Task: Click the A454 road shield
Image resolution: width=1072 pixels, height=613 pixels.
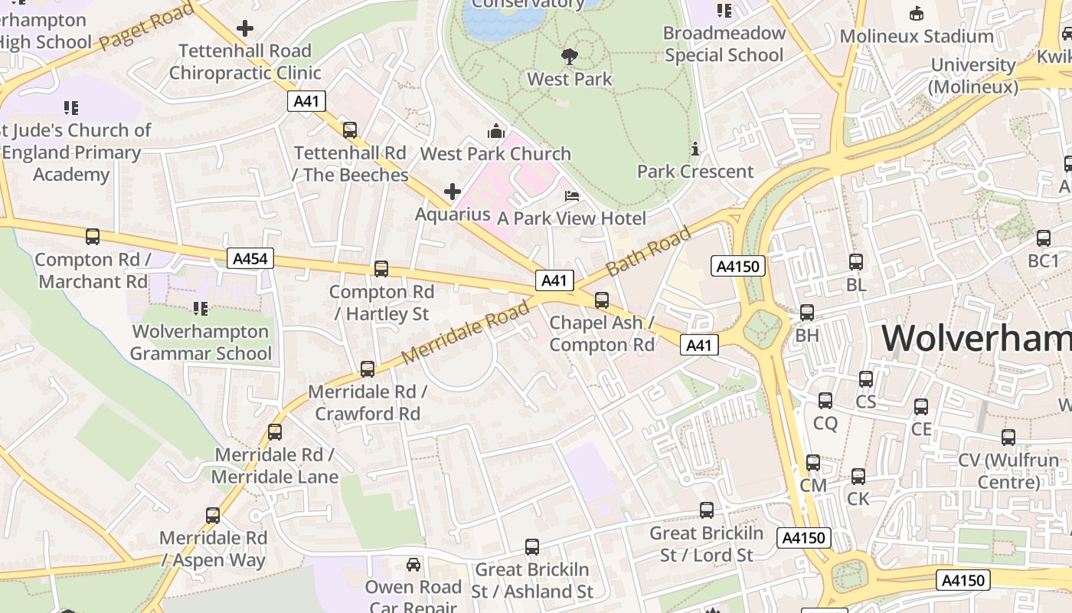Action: (x=250, y=258)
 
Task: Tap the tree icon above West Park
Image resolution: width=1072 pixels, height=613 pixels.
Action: (x=569, y=56)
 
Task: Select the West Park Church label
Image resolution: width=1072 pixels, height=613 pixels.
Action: (x=495, y=153)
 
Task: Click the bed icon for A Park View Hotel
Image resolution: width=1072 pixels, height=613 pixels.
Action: (x=572, y=196)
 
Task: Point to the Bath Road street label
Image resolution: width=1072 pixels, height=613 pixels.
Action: (x=649, y=252)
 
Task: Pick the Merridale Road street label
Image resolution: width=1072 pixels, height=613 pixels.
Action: (x=465, y=333)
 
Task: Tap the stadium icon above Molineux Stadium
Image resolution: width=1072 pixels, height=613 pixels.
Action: (x=916, y=13)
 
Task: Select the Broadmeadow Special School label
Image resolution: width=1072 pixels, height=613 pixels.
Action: (x=724, y=44)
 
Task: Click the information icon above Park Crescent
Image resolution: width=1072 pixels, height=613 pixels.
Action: (x=695, y=149)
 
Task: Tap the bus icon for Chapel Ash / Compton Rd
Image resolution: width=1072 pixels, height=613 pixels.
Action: (x=602, y=300)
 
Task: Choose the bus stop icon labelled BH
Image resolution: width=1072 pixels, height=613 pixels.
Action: (x=807, y=313)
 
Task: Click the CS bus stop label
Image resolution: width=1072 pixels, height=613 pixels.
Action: (x=865, y=402)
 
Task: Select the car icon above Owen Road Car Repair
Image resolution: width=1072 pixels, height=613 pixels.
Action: (x=413, y=565)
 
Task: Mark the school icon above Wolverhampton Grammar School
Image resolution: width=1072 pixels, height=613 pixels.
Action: (x=200, y=309)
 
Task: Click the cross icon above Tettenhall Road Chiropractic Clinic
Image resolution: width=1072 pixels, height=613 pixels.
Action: (x=245, y=29)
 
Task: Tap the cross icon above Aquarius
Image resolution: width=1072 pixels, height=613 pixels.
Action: (x=453, y=191)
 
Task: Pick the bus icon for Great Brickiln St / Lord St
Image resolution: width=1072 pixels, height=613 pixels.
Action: (x=707, y=510)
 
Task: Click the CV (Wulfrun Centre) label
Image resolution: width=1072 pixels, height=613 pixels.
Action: (x=1008, y=471)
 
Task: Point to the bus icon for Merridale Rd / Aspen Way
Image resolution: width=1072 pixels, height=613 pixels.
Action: (x=213, y=516)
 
